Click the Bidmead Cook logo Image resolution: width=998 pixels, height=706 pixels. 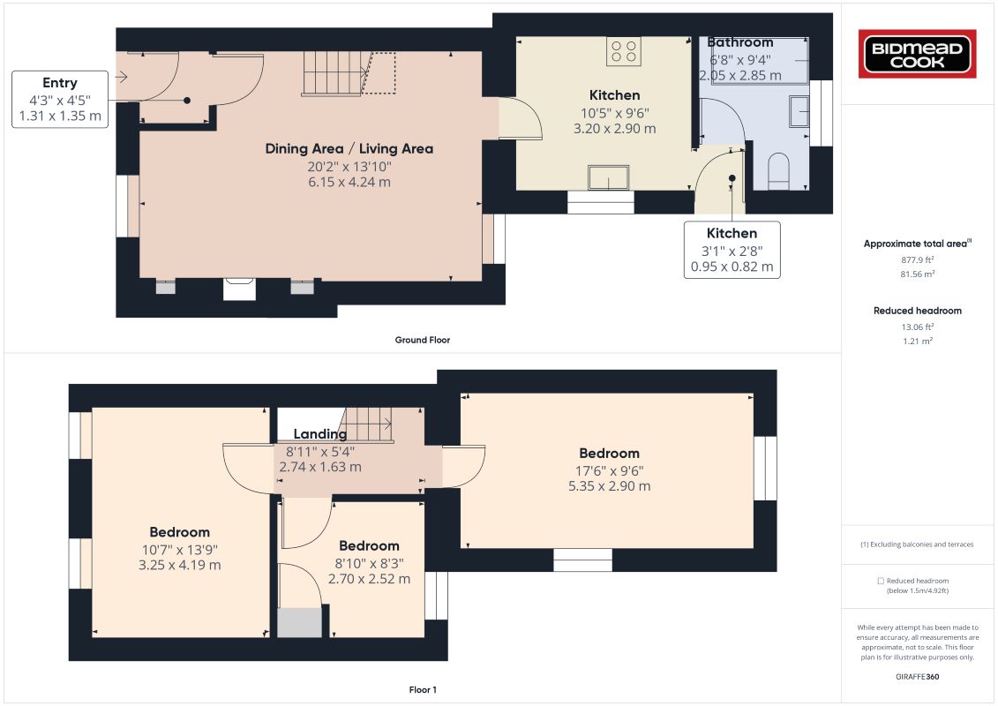pyautogui.click(x=917, y=54)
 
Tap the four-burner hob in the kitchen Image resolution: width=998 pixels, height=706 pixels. pyautogui.click(x=624, y=51)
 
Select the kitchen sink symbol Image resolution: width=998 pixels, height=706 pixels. pyautogui.click(x=609, y=177)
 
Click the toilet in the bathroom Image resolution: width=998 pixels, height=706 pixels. pyautogui.click(x=778, y=171)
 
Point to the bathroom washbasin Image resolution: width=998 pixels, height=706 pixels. pyautogui.click(x=799, y=111)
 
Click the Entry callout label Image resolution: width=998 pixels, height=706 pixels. pyautogui.click(x=60, y=83)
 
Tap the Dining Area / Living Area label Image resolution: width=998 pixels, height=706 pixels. pyautogui.click(x=349, y=149)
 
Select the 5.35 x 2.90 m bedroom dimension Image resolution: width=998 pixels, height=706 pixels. pyautogui.click(x=609, y=486)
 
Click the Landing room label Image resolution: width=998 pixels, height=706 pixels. pyautogui.click(x=320, y=434)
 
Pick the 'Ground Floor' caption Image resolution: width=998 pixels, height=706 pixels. pyautogui.click(x=423, y=340)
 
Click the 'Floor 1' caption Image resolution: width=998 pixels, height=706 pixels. pyautogui.click(x=423, y=689)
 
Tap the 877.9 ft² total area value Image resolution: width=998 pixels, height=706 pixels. pyautogui.click(x=917, y=259)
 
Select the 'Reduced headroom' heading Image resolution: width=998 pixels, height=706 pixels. pyautogui.click(x=917, y=311)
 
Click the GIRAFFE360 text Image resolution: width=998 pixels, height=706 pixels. pyautogui.click(x=917, y=677)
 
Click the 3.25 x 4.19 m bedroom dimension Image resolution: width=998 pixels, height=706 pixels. pyautogui.click(x=180, y=566)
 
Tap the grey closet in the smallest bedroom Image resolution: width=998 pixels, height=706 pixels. pyautogui.click(x=300, y=623)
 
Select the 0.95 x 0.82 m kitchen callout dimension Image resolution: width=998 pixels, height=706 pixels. pyautogui.click(x=732, y=267)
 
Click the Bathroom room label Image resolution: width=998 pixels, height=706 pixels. pyautogui.click(x=740, y=42)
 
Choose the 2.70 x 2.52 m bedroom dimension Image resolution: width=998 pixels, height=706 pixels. pyautogui.click(x=369, y=579)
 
